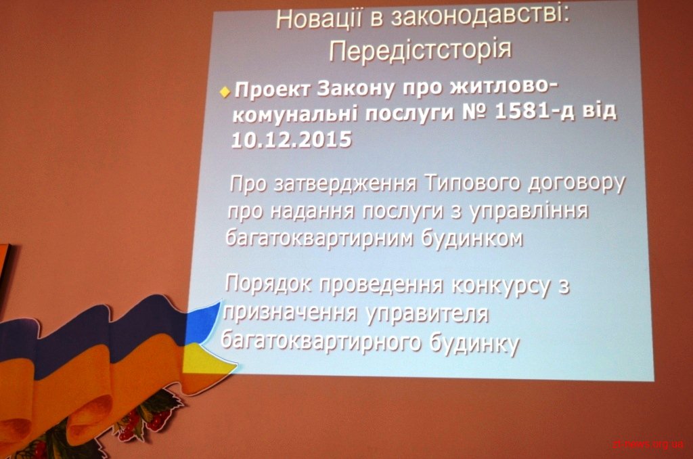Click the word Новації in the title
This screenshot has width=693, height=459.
(318, 20)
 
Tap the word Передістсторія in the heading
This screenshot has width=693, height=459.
(420, 49)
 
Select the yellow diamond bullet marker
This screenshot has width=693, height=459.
(225, 92)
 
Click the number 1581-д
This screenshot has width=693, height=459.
(535, 112)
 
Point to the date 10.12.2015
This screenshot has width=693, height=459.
(292, 139)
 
